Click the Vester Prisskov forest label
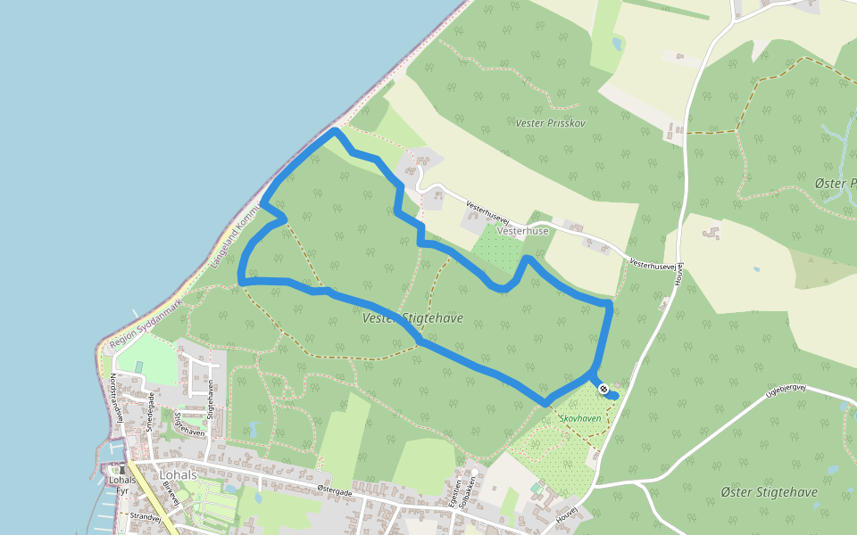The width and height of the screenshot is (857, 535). pos(550,122)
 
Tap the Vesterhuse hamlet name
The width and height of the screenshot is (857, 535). pos(523,230)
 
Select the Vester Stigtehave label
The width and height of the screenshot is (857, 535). pos(412,317)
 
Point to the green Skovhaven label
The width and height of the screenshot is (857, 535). pos(580,417)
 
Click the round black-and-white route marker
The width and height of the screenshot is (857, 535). pos(603,388)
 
